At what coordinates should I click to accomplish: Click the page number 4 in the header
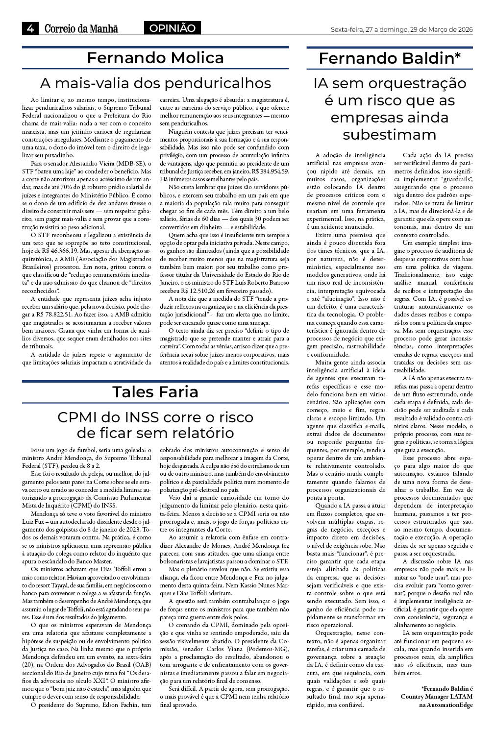pos(30,29)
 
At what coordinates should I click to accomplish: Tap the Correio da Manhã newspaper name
pos(81,29)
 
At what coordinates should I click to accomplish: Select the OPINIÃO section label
pos(172,28)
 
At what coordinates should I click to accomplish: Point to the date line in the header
pos(401,29)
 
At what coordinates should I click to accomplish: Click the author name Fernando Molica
pos(155,58)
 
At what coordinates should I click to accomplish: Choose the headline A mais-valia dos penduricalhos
pos(155,82)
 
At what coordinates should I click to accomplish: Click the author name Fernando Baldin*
pos(390,59)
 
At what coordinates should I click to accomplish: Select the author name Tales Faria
pos(155,391)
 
